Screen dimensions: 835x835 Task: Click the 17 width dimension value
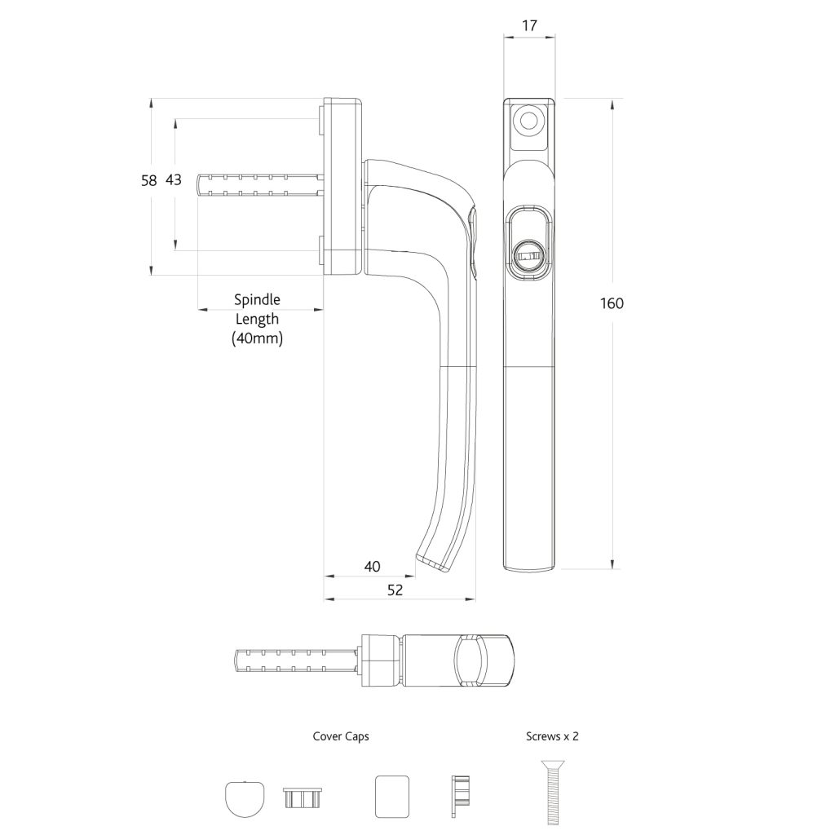pyautogui.click(x=528, y=25)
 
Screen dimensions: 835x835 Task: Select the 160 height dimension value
pyautogui.click(x=611, y=303)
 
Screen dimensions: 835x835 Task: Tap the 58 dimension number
pyautogui.click(x=148, y=181)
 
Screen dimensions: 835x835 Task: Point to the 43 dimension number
pyautogui.click(x=174, y=180)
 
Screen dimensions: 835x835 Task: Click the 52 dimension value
pyautogui.click(x=395, y=590)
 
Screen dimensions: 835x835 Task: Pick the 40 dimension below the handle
pyautogui.click(x=372, y=567)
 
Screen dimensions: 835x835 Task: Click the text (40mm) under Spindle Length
pyautogui.click(x=257, y=338)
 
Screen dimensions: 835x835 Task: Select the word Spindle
pyautogui.click(x=257, y=299)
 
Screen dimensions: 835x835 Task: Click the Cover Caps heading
pyautogui.click(x=341, y=736)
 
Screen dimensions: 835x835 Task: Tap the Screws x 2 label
pyautogui.click(x=552, y=736)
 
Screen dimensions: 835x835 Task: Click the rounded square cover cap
pyautogui.click(x=391, y=796)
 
